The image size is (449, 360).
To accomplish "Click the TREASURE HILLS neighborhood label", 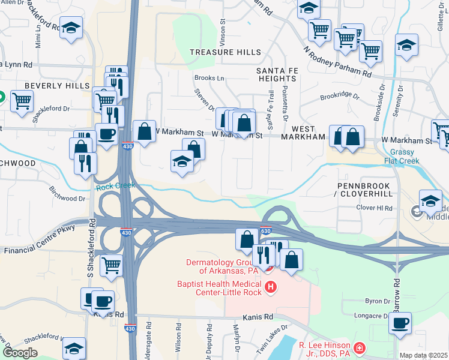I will point(225,53).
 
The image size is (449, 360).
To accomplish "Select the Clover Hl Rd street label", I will point(374,208).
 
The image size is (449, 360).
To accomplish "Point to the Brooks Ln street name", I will point(208,78).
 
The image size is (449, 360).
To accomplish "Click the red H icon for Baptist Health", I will point(271,287).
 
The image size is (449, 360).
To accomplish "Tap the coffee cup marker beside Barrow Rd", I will point(400,323).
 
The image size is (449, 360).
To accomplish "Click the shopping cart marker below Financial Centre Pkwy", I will point(111,264).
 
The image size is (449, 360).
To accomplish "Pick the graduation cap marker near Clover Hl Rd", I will point(430,201).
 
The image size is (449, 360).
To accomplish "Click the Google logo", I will point(20,353).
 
